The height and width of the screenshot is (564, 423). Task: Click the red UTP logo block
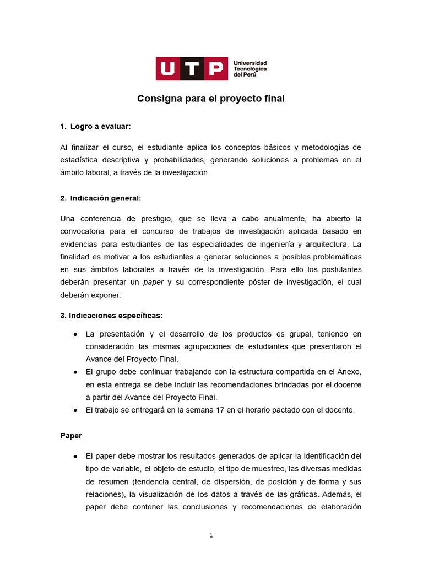[x=191, y=69]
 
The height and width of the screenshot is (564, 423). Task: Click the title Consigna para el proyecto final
[x=211, y=99]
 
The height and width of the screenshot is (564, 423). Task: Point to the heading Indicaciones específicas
[x=111, y=316]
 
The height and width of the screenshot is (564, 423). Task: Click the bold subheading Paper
[x=71, y=435]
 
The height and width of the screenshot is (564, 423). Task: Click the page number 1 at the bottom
[x=211, y=535]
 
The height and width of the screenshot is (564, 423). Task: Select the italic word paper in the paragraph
[x=154, y=282]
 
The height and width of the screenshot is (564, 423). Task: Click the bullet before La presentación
[x=74, y=334]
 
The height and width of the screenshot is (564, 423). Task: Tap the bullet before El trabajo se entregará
[x=74, y=410]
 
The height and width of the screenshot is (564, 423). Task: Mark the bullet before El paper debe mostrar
[x=74, y=457]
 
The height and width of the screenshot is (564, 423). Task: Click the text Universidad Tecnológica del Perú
[x=250, y=69]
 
